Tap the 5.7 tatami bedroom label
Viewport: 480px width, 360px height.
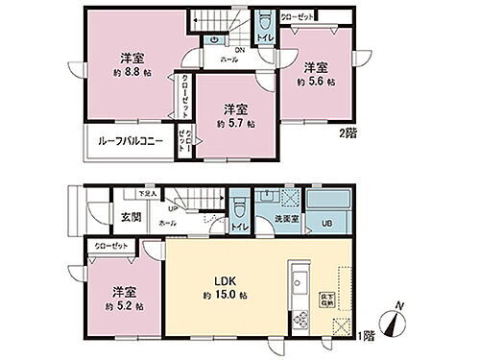236,116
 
